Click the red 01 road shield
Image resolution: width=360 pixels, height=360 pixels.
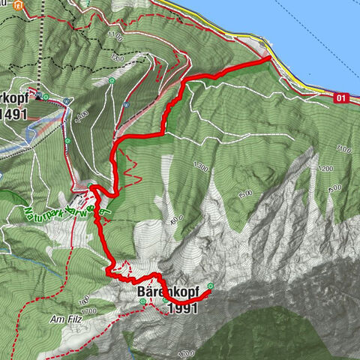pos(343,97)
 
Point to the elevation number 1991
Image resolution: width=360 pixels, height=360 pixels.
pos(183,308)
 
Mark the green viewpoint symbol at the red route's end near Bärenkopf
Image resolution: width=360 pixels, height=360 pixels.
pos(211,285)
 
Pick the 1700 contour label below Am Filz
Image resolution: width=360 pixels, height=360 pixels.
pos(88,310)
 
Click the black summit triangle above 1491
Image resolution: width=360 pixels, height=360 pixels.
pos(38,97)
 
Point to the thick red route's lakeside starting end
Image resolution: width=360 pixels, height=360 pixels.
pos(269,57)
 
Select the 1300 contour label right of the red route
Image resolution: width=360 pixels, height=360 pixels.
pos(200,167)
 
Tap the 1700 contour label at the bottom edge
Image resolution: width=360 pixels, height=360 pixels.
pos(187,352)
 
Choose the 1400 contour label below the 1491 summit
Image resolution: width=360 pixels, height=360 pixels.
pos(82,114)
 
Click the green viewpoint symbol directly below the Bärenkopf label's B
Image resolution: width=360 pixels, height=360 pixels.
pos(166,301)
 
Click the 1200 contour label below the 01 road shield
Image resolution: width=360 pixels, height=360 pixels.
pos(325,169)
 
